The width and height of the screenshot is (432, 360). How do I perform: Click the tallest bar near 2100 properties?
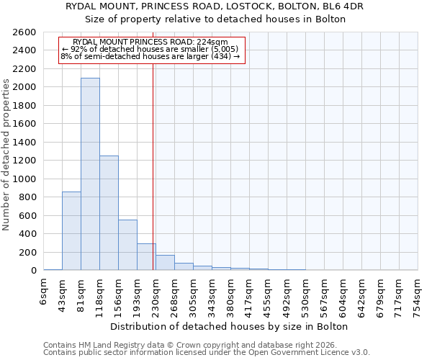click(x=90, y=174)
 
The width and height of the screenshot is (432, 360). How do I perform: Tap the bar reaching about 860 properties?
click(x=71, y=230)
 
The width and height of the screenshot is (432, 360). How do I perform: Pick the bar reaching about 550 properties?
click(x=127, y=245)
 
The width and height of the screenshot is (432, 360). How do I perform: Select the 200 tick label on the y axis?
click(x=30, y=252)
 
